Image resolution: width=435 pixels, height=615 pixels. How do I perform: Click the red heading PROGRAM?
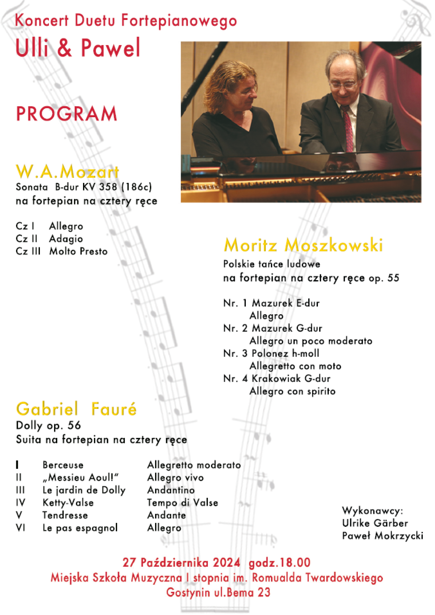(x=67, y=114)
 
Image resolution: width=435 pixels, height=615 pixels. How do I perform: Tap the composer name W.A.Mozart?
(x=67, y=172)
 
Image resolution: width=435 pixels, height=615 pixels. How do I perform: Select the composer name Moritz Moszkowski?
(x=303, y=245)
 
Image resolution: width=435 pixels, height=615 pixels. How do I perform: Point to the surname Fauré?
(x=114, y=409)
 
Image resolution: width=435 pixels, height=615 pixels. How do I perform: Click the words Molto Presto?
(x=78, y=251)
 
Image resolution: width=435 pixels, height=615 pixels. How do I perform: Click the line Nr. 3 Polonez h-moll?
(x=271, y=353)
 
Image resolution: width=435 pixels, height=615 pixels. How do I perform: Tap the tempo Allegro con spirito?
(x=293, y=391)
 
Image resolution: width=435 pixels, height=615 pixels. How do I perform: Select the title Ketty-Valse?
(x=68, y=503)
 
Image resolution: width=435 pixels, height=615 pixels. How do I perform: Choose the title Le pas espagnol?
(x=80, y=528)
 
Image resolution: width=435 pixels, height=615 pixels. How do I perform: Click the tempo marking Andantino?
(x=171, y=490)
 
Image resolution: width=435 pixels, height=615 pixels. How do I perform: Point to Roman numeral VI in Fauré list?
(x=20, y=528)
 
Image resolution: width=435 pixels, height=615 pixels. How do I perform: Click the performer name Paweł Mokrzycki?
(x=382, y=536)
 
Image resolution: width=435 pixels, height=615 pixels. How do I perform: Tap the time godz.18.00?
(x=279, y=563)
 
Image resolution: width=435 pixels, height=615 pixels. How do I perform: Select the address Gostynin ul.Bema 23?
(x=218, y=593)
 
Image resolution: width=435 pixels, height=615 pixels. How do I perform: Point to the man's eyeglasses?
(x=343, y=86)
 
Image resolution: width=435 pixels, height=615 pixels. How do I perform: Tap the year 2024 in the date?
(x=227, y=563)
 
